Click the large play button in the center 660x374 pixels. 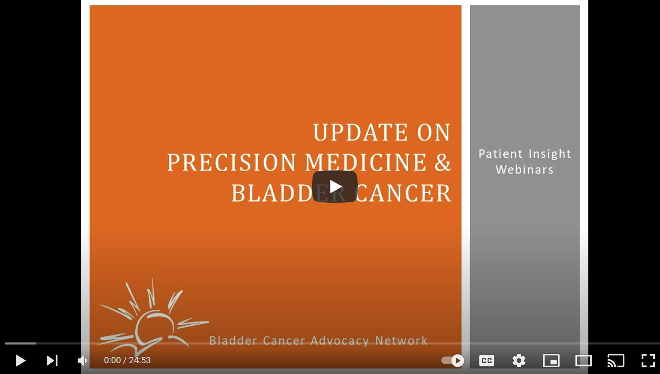coord(335,187)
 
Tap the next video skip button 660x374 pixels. coord(52,361)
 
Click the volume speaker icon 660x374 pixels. coord(82,361)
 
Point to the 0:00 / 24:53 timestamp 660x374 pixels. coord(127,361)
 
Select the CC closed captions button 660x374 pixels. coord(487,361)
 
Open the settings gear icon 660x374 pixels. coord(519,361)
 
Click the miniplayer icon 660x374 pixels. coord(551,361)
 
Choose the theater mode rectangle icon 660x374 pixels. coord(584,361)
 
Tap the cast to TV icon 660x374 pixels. coord(616,361)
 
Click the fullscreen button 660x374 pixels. coord(648,361)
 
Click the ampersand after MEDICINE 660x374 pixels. coord(443,163)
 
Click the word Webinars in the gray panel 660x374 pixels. coord(524,170)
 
